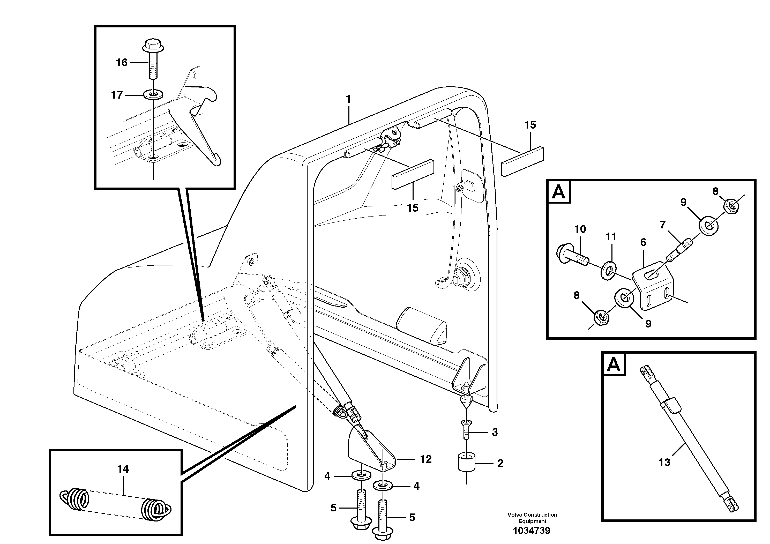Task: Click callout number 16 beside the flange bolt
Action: [122, 63]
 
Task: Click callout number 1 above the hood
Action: [348, 99]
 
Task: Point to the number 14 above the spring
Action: [123, 469]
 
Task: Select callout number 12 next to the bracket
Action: [426, 459]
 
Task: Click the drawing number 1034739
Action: [532, 531]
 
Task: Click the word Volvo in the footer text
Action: [515, 515]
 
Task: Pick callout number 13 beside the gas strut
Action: [664, 463]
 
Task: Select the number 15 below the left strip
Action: [413, 208]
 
